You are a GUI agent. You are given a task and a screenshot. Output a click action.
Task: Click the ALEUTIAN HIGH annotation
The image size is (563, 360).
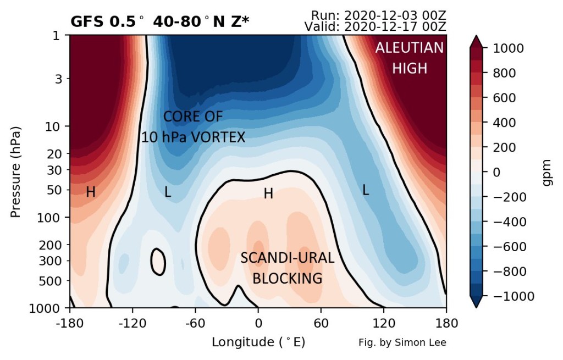[x=409, y=58]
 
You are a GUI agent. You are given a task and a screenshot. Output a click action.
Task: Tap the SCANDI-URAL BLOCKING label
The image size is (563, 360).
[x=287, y=268]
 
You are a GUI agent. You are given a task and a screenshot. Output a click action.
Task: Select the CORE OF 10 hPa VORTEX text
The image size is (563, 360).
[x=193, y=127]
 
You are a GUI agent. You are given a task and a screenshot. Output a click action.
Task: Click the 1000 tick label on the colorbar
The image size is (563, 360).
[x=508, y=48]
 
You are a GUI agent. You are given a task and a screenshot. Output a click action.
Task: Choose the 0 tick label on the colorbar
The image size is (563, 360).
[x=496, y=172]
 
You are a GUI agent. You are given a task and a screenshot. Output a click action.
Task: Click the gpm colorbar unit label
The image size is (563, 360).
[x=547, y=173]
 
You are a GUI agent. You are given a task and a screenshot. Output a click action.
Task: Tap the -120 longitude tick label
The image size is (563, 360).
[x=133, y=323]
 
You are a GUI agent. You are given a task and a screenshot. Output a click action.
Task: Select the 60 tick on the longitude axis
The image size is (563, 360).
[x=321, y=323]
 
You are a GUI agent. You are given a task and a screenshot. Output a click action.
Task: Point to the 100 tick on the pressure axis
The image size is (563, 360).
[x=49, y=218]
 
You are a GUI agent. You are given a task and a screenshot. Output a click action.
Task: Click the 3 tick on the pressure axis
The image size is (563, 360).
[x=58, y=79]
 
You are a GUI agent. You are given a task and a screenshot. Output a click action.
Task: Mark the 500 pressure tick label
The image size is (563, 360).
[x=49, y=281]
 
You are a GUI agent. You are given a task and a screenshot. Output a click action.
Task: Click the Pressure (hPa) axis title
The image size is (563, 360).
[x=15, y=172]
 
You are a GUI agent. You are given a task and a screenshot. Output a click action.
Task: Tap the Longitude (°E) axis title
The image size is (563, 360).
[x=258, y=342]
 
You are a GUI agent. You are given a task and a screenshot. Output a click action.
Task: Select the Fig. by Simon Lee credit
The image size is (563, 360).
[x=402, y=343]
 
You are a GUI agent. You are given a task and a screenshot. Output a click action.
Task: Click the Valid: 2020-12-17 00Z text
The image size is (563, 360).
[x=375, y=26]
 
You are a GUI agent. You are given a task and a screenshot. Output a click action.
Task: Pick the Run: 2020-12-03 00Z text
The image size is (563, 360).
[x=378, y=15]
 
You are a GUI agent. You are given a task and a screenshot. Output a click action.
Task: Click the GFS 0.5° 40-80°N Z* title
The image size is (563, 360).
[x=160, y=22]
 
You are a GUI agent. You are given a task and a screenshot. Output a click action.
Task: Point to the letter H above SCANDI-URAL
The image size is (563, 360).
[x=268, y=194]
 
